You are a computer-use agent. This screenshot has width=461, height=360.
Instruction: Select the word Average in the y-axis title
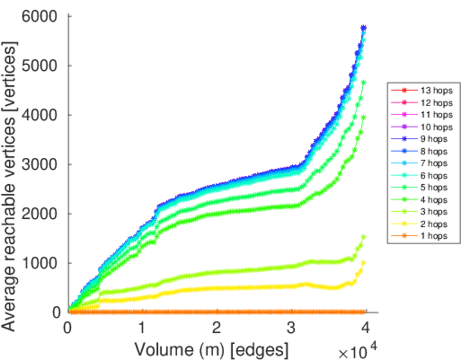click(x=10, y=294)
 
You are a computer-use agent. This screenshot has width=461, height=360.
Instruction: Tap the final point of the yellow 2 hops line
click(x=363, y=263)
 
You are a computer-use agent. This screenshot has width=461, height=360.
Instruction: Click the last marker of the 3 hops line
click(x=363, y=237)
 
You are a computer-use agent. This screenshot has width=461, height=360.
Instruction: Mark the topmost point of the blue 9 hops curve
click(x=364, y=28)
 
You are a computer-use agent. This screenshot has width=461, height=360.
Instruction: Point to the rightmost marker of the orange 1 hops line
click(x=364, y=311)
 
